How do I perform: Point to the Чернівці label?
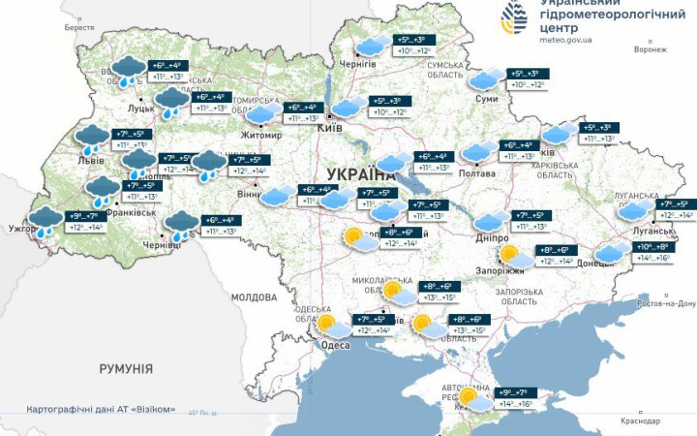(x=162, y=247)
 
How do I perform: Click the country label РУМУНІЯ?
(x=126, y=369)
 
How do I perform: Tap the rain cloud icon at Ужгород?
(x=45, y=222)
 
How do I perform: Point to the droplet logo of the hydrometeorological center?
(x=517, y=17)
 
